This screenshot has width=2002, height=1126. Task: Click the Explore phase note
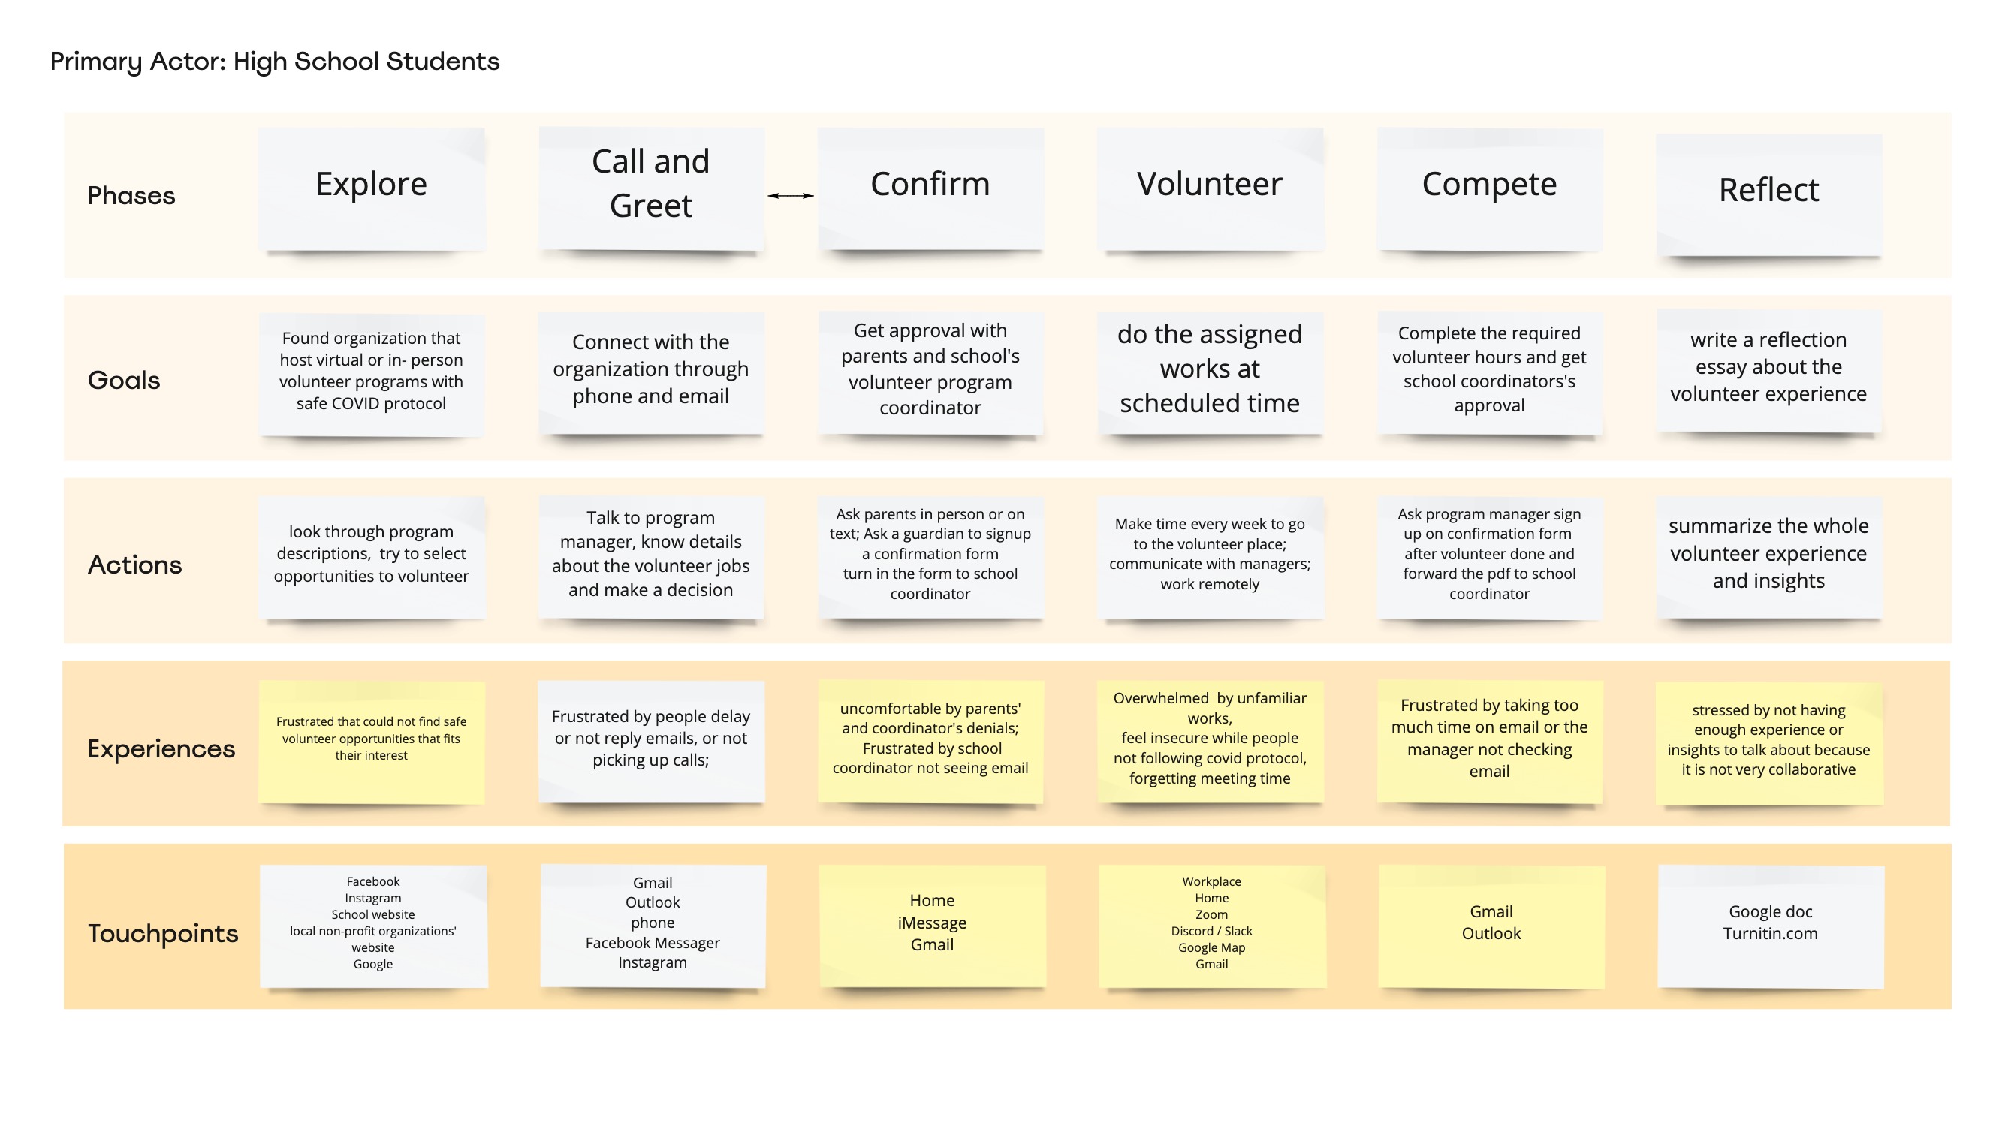372,189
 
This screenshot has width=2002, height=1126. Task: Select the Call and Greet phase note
651,189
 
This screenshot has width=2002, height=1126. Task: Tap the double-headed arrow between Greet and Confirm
791,196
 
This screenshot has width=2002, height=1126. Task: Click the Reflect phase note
1769,194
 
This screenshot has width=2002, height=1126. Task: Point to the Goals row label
124,380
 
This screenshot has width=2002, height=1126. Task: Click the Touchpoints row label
163,933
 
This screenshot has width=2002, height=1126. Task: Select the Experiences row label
161,749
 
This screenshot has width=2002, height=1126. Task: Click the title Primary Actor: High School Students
274,62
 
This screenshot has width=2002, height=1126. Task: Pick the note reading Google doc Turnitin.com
1771,926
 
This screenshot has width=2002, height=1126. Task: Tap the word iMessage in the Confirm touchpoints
932,923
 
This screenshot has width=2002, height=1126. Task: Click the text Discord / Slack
1211,931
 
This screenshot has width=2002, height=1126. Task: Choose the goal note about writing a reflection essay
1769,371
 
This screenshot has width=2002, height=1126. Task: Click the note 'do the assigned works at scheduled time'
1210,373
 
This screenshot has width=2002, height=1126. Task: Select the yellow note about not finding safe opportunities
372,742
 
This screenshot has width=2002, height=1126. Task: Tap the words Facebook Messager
653,943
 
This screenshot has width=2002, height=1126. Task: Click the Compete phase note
1490,189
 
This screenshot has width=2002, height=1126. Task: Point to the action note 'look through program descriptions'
372,558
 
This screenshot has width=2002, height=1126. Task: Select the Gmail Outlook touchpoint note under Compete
1491,926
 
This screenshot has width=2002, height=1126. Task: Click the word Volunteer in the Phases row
1209,184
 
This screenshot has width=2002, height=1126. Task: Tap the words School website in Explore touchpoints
373,914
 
